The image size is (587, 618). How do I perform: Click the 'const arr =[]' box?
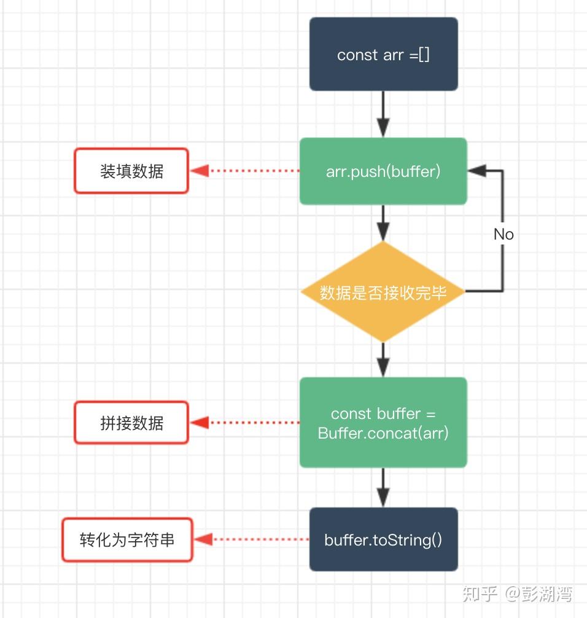(383, 54)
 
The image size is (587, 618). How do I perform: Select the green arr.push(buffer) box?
(383, 171)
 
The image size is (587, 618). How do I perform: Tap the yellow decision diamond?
(383, 292)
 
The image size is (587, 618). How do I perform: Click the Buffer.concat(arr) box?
(383, 423)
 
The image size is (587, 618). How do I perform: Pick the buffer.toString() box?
(383, 540)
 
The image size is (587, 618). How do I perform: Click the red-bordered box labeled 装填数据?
(131, 171)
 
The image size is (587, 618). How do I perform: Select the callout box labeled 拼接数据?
(131, 423)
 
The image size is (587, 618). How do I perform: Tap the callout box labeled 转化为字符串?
(127, 540)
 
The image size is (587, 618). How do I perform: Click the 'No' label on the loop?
(503, 234)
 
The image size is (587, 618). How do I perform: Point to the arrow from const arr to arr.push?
(383, 114)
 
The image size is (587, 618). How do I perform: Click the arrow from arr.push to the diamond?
(383, 222)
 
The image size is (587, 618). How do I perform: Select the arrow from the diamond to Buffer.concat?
(383, 359)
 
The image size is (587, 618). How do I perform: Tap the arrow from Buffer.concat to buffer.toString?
(383, 487)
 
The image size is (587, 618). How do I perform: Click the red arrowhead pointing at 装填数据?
(200, 171)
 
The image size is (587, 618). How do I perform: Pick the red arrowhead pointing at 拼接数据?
(200, 423)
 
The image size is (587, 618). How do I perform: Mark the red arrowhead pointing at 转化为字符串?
(203, 540)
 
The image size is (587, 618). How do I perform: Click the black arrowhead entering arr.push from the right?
(477, 171)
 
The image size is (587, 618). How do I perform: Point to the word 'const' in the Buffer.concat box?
(351, 413)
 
